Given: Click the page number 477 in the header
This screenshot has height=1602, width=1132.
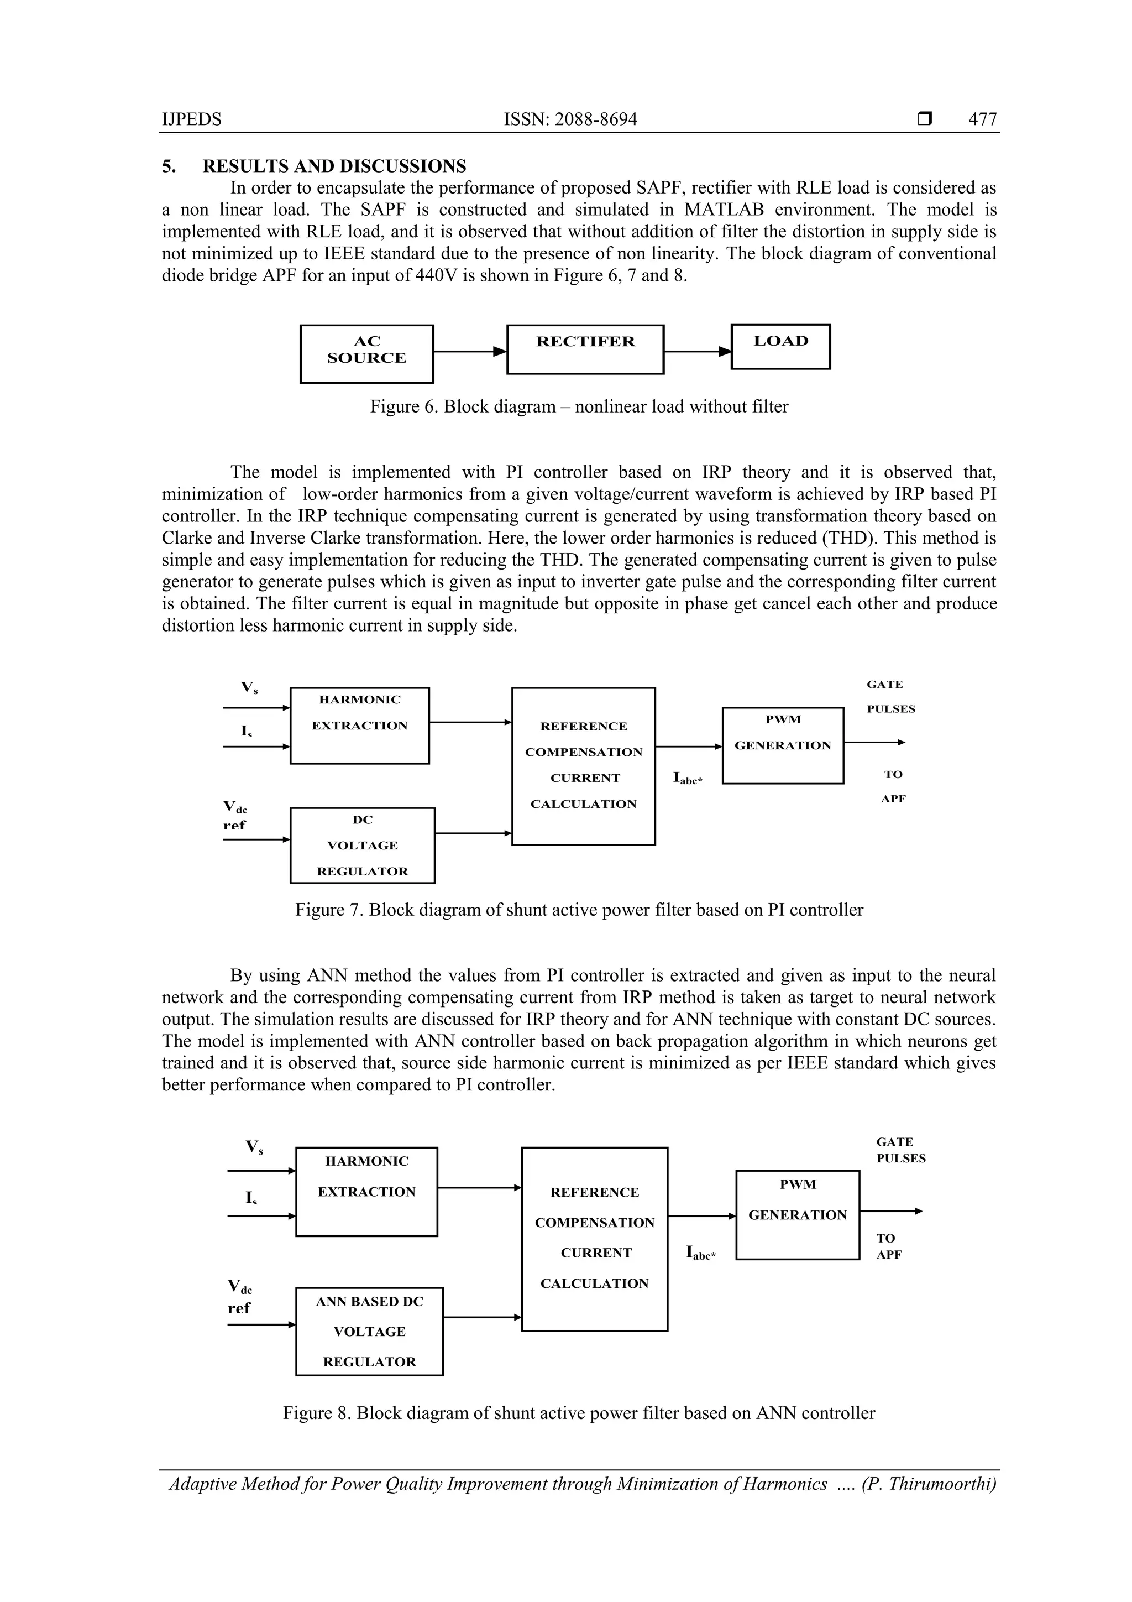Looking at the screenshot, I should click(x=982, y=119).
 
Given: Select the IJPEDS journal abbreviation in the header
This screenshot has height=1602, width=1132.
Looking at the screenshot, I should click(x=192, y=119).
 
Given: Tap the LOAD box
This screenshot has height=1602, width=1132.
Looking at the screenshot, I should click(x=780, y=346).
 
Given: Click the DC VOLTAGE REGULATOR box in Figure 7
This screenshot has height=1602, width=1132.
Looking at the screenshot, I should click(x=362, y=845).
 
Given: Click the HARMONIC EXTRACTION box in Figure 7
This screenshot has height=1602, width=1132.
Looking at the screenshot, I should click(x=359, y=726).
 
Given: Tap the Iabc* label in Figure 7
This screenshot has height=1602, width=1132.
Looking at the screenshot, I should click(x=687, y=778).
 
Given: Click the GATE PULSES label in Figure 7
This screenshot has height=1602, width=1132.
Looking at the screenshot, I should click(x=890, y=696).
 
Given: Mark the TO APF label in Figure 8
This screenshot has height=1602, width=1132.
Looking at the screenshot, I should click(x=889, y=1246).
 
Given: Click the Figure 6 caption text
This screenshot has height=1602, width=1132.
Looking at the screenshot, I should click(x=578, y=407).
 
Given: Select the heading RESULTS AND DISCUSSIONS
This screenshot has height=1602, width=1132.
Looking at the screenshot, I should click(x=334, y=166).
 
